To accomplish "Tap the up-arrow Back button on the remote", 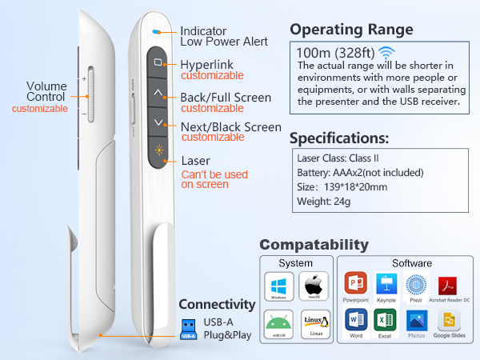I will point(158,92).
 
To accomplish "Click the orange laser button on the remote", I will point(158,151).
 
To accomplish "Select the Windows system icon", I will point(278,286).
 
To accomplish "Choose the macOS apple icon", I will point(314,286).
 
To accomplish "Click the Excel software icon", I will point(386,321).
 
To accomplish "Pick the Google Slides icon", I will point(449,321).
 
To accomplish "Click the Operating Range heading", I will point(351,30).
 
